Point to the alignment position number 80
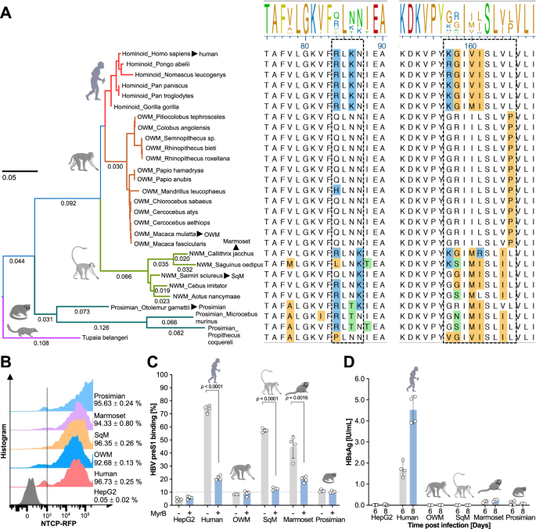304,45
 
